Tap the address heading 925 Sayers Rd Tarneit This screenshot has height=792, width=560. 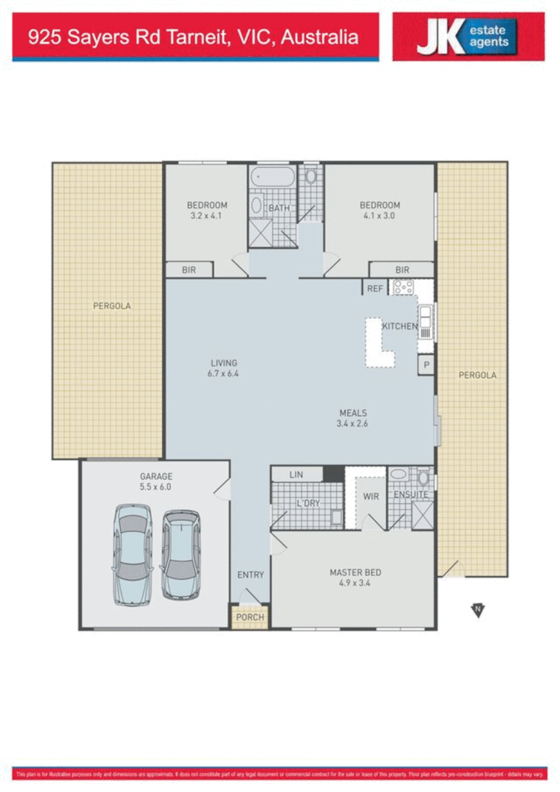tap(193, 37)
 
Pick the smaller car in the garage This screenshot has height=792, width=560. tap(181, 554)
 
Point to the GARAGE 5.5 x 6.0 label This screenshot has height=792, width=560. tap(155, 481)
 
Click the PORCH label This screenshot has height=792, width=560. tap(249, 618)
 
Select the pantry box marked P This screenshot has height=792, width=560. tap(426, 365)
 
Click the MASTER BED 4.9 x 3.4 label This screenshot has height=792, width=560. tap(355, 578)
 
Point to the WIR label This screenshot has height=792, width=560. tap(371, 495)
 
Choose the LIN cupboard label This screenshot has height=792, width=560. tap(296, 475)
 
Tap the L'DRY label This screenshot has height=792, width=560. tap(308, 504)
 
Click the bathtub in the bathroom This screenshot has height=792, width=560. tap(273, 178)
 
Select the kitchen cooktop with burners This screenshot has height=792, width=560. tap(404, 287)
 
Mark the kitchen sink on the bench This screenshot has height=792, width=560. tap(425, 322)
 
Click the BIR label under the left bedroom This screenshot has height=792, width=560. tap(189, 269)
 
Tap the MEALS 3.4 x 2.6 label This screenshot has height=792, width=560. tap(353, 418)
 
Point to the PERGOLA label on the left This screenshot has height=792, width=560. tap(112, 306)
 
